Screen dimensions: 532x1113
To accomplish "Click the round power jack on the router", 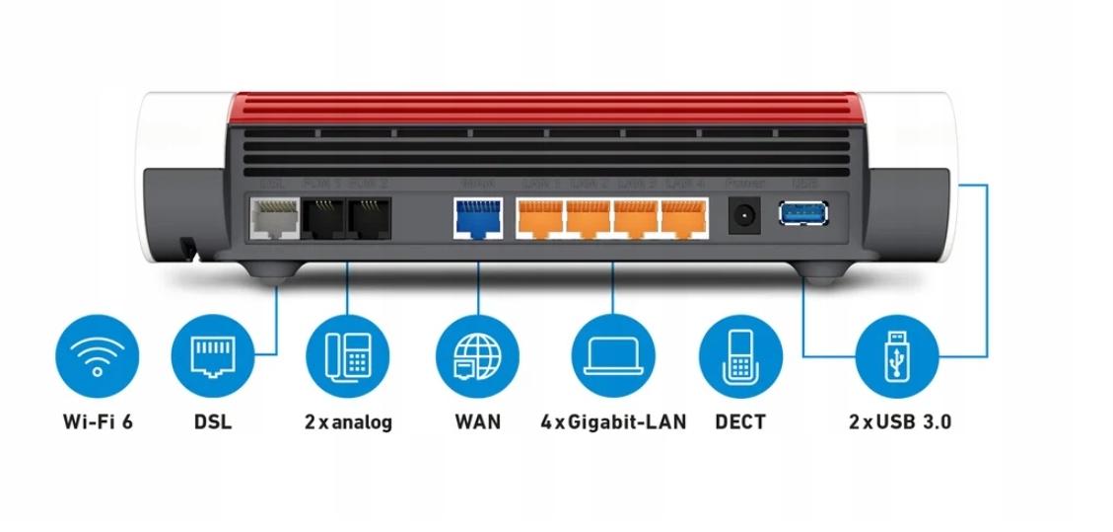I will (x=744, y=215).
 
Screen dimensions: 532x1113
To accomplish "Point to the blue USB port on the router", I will (x=803, y=212).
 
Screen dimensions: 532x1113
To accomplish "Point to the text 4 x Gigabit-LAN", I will (x=613, y=422).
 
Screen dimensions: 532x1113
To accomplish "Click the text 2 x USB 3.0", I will (x=899, y=422).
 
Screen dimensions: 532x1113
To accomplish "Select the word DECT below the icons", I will (x=740, y=422).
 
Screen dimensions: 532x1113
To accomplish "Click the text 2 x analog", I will (x=348, y=422).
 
